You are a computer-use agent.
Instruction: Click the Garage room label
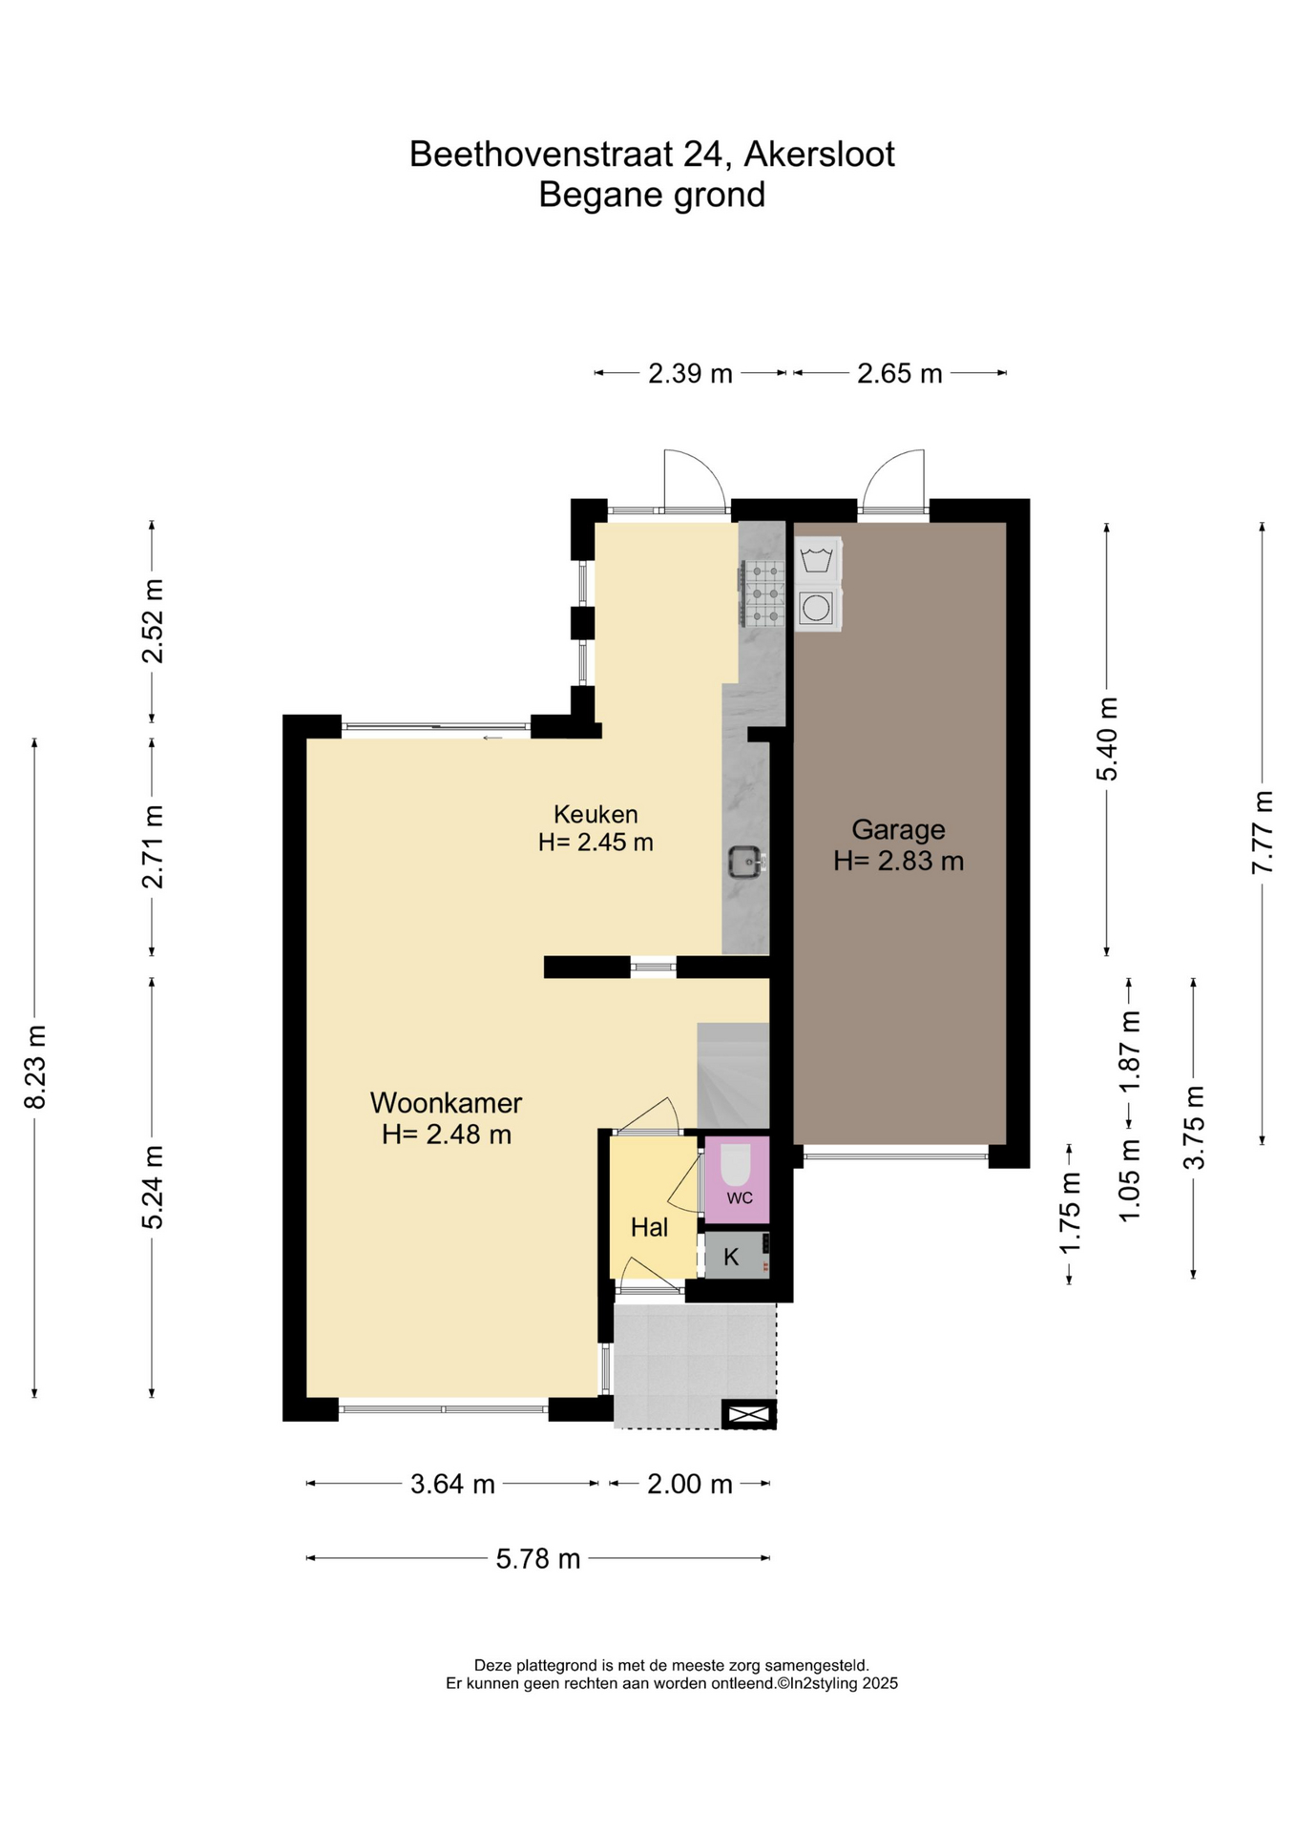tap(897, 829)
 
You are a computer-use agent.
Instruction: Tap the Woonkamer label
tap(446, 1103)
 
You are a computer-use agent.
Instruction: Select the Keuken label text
tap(596, 814)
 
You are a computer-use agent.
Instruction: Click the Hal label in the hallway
tap(649, 1227)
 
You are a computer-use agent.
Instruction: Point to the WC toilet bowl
tap(736, 1164)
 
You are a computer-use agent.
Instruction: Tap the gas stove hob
tap(762, 593)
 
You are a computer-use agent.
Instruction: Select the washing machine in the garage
tap(817, 559)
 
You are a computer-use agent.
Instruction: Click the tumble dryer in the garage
tap(817, 607)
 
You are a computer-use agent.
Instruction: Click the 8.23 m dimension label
tap(35, 1068)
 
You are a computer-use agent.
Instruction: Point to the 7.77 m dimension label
tap(1263, 831)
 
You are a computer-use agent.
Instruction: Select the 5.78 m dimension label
tap(538, 1558)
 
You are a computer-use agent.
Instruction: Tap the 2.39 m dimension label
tap(690, 373)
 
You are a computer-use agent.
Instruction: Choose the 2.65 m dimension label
tap(899, 373)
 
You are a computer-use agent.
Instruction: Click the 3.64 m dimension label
tap(452, 1484)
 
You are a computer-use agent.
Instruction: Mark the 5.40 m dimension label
tap(1107, 739)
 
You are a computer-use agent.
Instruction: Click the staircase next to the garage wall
tap(733, 1075)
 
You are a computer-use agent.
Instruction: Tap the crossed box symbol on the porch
tap(749, 1414)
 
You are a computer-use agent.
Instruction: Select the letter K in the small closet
tap(731, 1257)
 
